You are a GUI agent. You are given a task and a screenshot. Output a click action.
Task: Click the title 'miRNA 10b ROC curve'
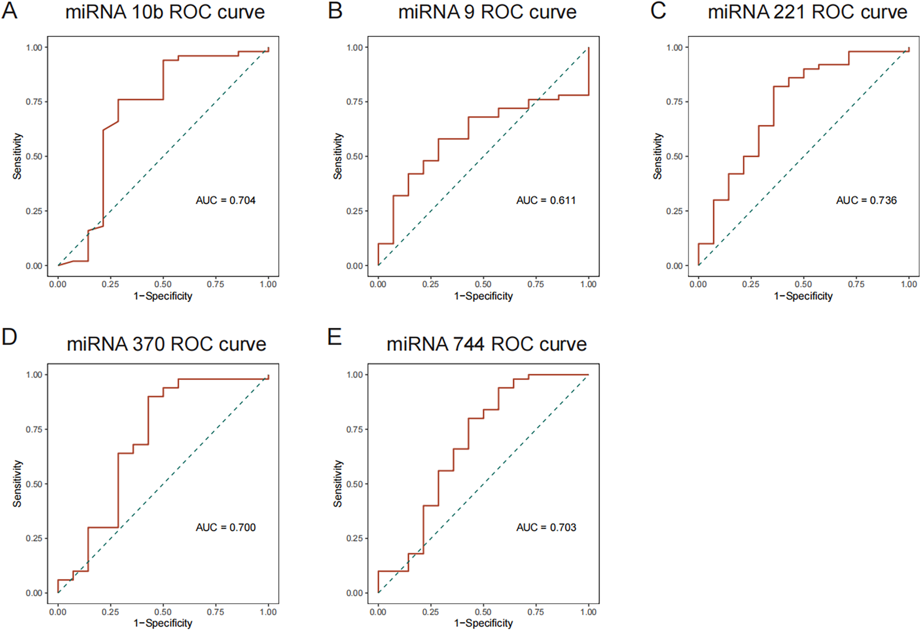click(x=165, y=12)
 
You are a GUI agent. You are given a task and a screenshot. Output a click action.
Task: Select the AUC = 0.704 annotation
click(x=226, y=200)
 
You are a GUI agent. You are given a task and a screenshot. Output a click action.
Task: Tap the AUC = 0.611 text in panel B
click(x=546, y=200)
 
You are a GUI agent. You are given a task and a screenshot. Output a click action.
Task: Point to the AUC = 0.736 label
click(x=866, y=200)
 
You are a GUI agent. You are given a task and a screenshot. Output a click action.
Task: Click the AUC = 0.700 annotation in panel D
click(x=226, y=527)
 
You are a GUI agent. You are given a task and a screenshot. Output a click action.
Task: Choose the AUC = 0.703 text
click(x=546, y=527)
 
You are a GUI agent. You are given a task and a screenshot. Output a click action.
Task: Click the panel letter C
click(x=658, y=10)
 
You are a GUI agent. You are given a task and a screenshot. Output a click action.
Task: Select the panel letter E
click(x=334, y=337)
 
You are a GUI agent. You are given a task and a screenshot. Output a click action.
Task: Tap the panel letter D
click(x=9, y=337)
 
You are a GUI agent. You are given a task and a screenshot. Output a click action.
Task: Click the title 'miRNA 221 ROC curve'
click(x=807, y=12)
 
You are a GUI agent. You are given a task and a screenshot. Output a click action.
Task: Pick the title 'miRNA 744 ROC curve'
click(x=486, y=344)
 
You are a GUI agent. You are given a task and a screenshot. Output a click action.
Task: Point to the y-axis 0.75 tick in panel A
click(x=34, y=102)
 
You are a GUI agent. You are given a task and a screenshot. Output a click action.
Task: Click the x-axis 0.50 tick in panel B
click(x=483, y=284)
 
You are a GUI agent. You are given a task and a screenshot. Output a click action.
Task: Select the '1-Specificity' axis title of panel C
click(x=803, y=296)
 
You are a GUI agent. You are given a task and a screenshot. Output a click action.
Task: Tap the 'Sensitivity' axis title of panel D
click(x=17, y=484)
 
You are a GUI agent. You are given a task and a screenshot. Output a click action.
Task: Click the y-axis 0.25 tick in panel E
click(x=354, y=538)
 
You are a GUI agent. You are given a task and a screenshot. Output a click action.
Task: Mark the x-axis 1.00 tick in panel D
click(x=269, y=612)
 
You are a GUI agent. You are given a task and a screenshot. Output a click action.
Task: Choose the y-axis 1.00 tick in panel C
click(x=674, y=48)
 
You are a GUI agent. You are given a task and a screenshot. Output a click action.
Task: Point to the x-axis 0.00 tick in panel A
click(x=58, y=284)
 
